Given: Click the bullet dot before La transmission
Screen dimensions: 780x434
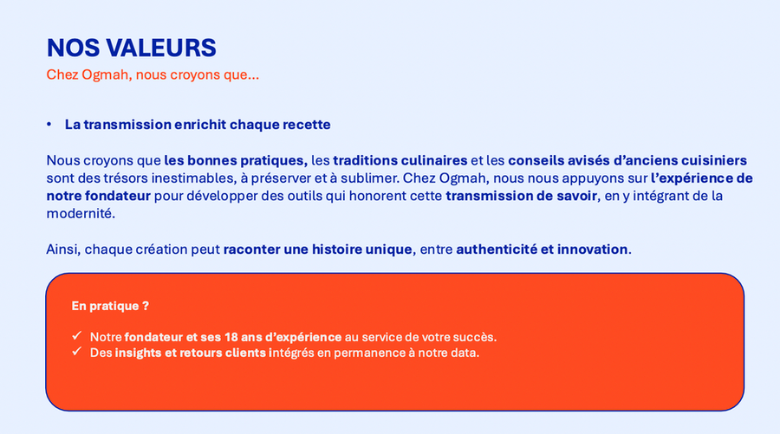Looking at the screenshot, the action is pyautogui.click(x=49, y=124).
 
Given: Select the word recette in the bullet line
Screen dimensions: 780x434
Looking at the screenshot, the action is pyautogui.click(x=307, y=124).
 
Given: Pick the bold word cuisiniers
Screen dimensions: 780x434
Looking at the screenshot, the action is pyautogui.click(x=714, y=160).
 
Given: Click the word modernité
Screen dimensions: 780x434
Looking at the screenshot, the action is pyautogui.click(x=81, y=214).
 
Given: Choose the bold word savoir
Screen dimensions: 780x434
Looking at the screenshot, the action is pyautogui.click(x=577, y=196).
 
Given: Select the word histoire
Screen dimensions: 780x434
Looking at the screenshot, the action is pyautogui.click(x=337, y=249).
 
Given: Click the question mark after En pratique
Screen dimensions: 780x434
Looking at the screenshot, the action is pyautogui.click(x=146, y=306).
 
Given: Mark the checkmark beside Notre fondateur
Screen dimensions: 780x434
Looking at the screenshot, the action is pyautogui.click(x=76, y=335).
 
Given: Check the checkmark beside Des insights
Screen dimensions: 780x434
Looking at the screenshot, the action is pyautogui.click(x=76, y=352).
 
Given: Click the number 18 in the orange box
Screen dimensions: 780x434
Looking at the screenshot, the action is pyautogui.click(x=231, y=337).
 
